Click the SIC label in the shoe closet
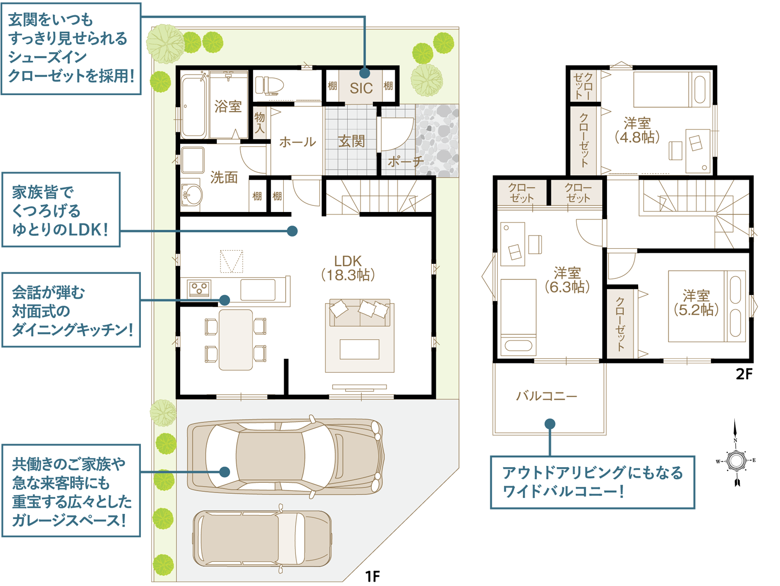[361, 88]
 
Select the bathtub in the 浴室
[193, 107]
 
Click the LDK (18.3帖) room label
[348, 268]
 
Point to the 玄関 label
[351, 141]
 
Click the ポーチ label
[406, 162]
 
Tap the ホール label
[297, 142]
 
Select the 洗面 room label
[224, 177]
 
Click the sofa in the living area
[360, 313]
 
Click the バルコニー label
[547, 396]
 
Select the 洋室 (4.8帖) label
[637, 130]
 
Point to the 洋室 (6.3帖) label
[567, 280]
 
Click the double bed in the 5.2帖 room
[707, 306]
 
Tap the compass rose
[735, 461]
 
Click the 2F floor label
[744, 374]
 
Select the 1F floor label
[373, 576]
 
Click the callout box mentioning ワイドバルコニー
[592, 482]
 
